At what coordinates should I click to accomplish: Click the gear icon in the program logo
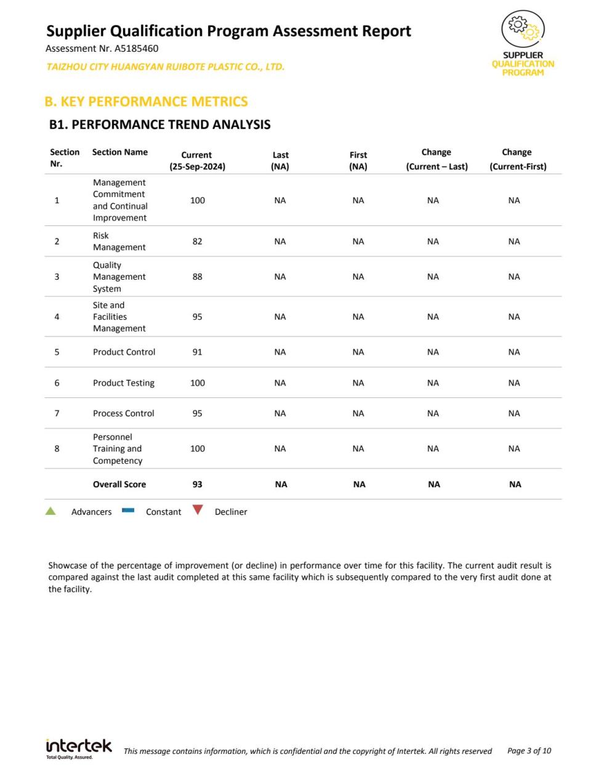coord(523,28)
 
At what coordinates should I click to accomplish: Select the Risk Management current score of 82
coord(197,241)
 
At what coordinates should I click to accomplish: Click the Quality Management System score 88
coord(197,277)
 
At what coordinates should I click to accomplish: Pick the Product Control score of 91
coord(197,352)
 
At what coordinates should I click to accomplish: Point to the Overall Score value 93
coord(197,484)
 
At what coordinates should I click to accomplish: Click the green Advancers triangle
coord(50,511)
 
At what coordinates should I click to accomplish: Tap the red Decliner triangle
coord(198,510)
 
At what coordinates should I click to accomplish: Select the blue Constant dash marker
coord(128,510)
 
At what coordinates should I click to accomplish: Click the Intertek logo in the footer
coord(79,747)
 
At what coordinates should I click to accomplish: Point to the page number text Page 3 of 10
coord(529,751)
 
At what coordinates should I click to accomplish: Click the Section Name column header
coord(120,152)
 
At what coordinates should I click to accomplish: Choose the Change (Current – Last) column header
coord(436,159)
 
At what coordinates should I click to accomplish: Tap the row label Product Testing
coord(124,383)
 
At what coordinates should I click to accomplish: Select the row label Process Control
coord(124,413)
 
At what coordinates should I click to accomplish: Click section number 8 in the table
coord(57,448)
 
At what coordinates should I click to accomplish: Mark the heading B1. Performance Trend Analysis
coord(159,124)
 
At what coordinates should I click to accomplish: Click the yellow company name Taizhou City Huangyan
coord(165,67)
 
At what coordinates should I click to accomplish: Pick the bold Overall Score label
coord(119,484)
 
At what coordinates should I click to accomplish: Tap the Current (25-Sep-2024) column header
coord(197,161)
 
